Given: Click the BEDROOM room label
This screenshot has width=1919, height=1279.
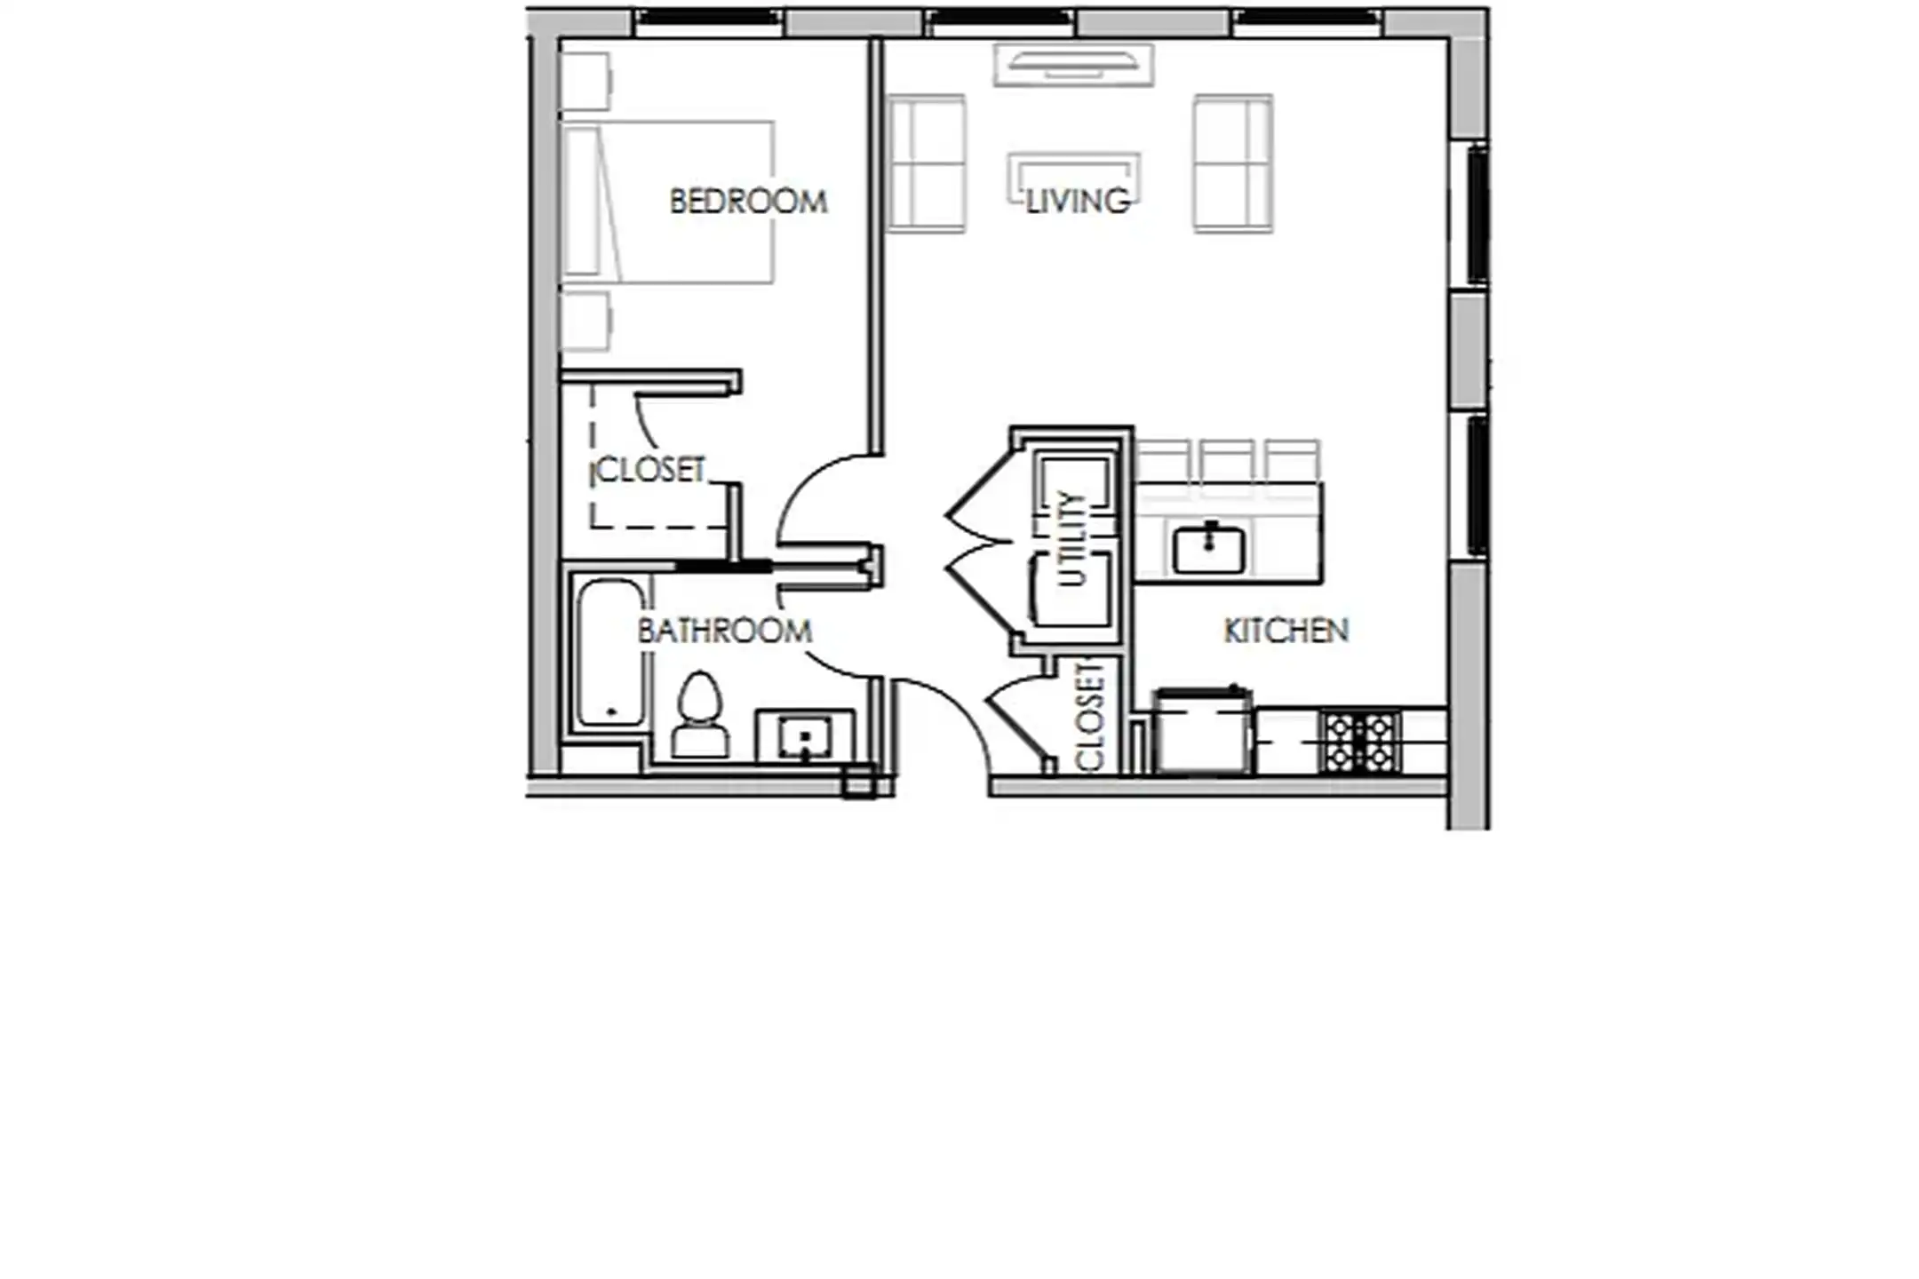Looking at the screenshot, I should click(x=747, y=202).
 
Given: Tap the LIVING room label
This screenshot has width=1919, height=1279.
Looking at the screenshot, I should click(x=1077, y=202).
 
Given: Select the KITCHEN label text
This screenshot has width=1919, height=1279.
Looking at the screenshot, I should click(x=1286, y=631).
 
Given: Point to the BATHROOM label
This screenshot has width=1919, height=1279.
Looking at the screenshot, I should click(x=724, y=631).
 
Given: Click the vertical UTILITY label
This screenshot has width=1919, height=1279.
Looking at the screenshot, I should click(x=1072, y=538).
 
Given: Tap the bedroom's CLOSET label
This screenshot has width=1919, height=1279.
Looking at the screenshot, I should click(x=650, y=470).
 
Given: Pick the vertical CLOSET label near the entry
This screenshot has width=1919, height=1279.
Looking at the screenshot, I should click(x=1089, y=718).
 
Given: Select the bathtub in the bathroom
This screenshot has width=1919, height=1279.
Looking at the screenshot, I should click(x=609, y=653).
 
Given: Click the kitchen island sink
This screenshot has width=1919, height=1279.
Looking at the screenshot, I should click(x=1208, y=549).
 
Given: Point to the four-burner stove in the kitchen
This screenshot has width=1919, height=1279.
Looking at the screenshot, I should click(x=1359, y=742).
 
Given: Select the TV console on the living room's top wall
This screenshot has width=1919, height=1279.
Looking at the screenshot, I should click(x=1073, y=65).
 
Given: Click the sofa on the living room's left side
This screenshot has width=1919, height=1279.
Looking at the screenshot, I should click(x=927, y=163).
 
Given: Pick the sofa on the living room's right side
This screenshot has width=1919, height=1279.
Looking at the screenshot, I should click(x=1232, y=163).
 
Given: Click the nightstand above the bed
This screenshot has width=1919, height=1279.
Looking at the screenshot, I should click(x=585, y=82).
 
